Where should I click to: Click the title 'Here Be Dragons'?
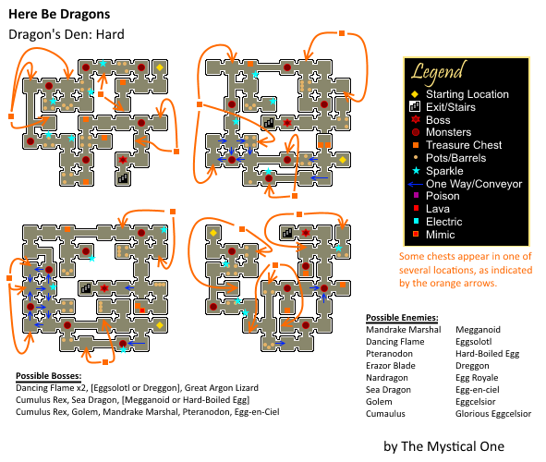click(59, 14)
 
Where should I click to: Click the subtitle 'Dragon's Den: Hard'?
click(67, 34)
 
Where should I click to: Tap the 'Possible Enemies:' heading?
click(402, 318)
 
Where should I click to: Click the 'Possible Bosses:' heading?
click(48, 376)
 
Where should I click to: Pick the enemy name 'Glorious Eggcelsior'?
click(493, 414)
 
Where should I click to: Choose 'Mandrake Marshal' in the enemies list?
click(403, 329)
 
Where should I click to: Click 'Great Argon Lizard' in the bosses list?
click(221, 387)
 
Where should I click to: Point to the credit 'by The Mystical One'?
click(443, 446)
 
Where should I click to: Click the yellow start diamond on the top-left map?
click(160, 67)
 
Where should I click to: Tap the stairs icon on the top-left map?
click(123, 179)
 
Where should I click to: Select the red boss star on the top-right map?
click(287, 123)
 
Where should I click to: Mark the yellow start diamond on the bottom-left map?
click(160, 325)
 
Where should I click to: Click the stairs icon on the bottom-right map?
click(287, 233)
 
